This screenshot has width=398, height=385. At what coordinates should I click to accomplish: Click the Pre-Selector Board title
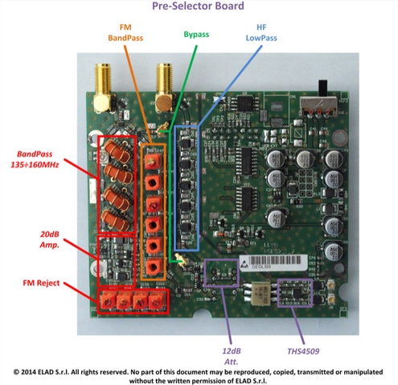(198, 6)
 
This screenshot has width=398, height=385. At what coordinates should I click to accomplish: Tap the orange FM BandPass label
(125, 33)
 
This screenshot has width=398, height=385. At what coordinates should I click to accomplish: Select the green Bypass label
(196, 35)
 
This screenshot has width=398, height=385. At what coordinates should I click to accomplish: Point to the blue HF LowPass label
(261, 33)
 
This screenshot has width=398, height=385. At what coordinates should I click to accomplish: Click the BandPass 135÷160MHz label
(35, 159)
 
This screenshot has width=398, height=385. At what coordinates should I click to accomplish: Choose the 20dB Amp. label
(50, 239)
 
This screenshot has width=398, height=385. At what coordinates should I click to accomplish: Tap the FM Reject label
(41, 283)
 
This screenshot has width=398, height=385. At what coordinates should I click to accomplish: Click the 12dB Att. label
(232, 356)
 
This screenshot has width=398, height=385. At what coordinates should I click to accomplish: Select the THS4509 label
(303, 351)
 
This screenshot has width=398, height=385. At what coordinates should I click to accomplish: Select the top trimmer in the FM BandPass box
(153, 161)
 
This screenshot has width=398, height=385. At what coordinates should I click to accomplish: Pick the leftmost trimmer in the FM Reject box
(108, 301)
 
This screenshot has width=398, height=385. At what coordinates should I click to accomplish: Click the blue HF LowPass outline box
(174, 188)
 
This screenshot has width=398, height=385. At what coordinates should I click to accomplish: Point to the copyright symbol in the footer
(16, 372)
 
